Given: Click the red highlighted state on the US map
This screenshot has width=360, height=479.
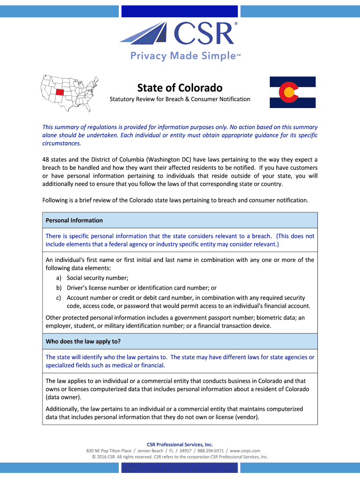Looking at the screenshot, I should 59,92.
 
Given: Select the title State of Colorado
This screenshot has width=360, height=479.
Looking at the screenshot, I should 180,88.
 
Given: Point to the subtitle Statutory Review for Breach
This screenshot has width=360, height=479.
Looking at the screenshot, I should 180,99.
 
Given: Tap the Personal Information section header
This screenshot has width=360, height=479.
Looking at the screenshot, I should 74,220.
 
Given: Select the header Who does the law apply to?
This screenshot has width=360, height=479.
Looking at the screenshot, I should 83,341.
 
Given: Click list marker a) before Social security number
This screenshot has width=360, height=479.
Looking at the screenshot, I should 59,278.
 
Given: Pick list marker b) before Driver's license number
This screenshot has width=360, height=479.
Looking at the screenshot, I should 59,288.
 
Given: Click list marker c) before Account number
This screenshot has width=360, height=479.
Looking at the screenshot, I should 59,298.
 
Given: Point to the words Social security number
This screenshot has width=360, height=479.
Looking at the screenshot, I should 97,278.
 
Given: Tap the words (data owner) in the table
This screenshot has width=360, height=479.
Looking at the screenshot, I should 63,397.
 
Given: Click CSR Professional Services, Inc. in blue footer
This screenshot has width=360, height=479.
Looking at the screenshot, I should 180,444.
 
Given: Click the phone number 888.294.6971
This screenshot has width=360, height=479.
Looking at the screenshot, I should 210,450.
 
